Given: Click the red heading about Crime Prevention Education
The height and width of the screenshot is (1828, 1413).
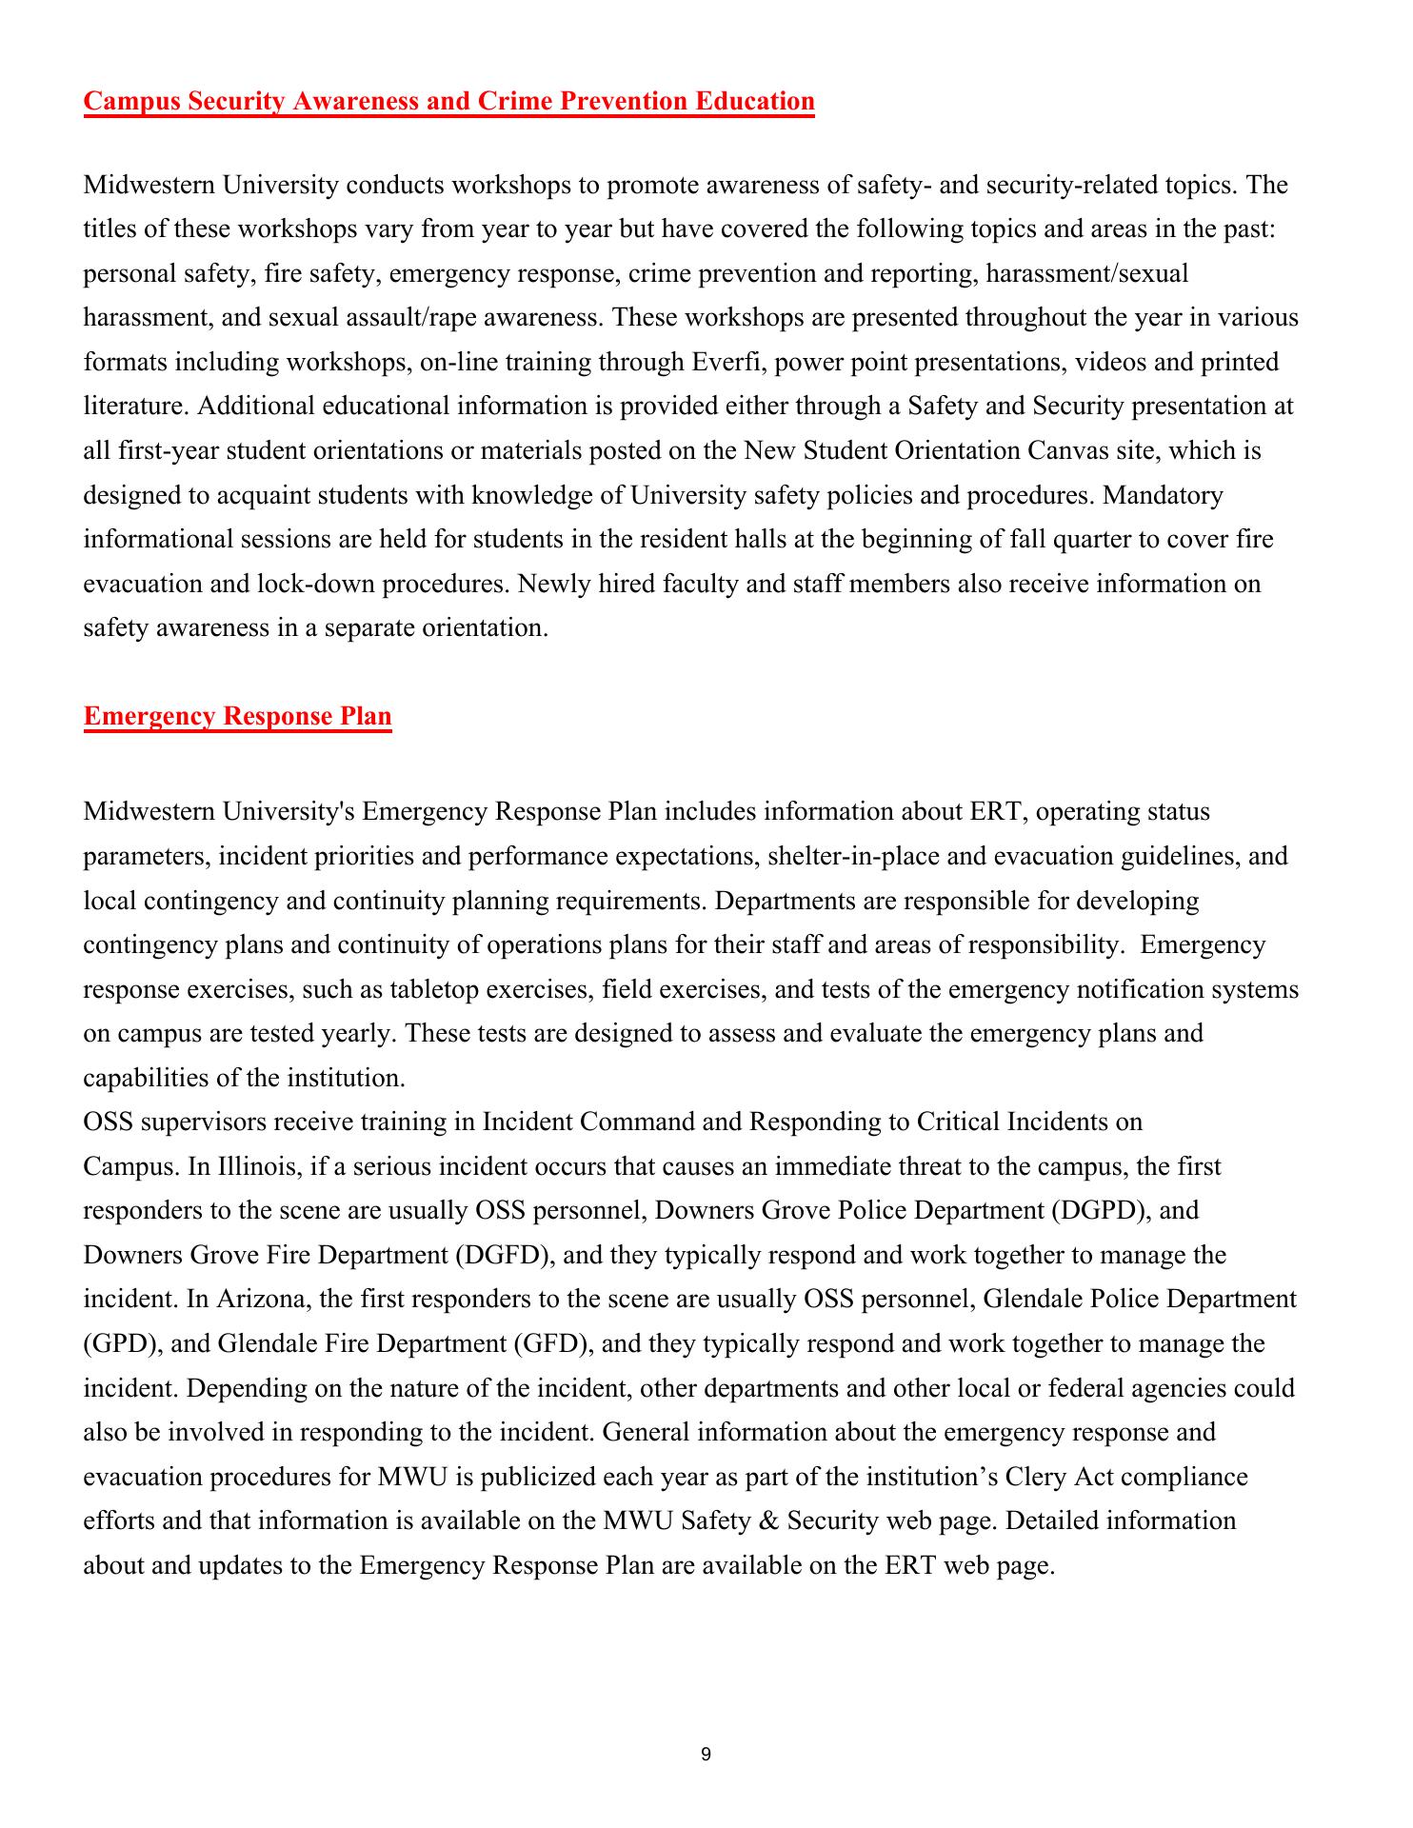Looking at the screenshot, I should tap(448, 101).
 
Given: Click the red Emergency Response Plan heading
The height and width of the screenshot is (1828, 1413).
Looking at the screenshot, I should tap(237, 716).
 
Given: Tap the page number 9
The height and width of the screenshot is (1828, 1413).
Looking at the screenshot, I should tap(706, 1755).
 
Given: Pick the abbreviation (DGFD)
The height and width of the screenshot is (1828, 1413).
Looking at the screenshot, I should tap(507, 1255).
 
